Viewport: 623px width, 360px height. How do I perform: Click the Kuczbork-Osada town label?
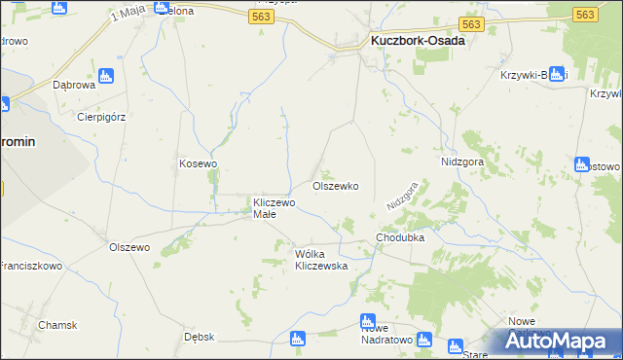pyautogui.click(x=417, y=42)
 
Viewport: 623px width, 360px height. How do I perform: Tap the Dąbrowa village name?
pyautogui.click(x=73, y=85)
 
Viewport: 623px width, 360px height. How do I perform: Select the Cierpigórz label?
pyautogui.click(x=101, y=116)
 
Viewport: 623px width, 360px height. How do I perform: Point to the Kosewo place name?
pyautogui.click(x=198, y=163)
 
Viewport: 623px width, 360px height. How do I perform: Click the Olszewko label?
pyautogui.click(x=336, y=186)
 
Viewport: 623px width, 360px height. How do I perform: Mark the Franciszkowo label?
pyautogui.click(x=30, y=265)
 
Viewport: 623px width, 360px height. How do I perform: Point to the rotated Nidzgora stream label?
pyautogui.click(x=403, y=195)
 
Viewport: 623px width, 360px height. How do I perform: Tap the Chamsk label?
pyautogui.click(x=57, y=325)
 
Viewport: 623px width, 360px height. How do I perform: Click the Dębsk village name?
pyautogui.click(x=199, y=337)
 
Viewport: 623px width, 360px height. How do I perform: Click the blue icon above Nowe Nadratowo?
pyautogui.click(x=368, y=321)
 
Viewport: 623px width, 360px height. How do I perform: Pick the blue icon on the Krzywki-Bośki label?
pyautogui.click(x=556, y=74)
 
